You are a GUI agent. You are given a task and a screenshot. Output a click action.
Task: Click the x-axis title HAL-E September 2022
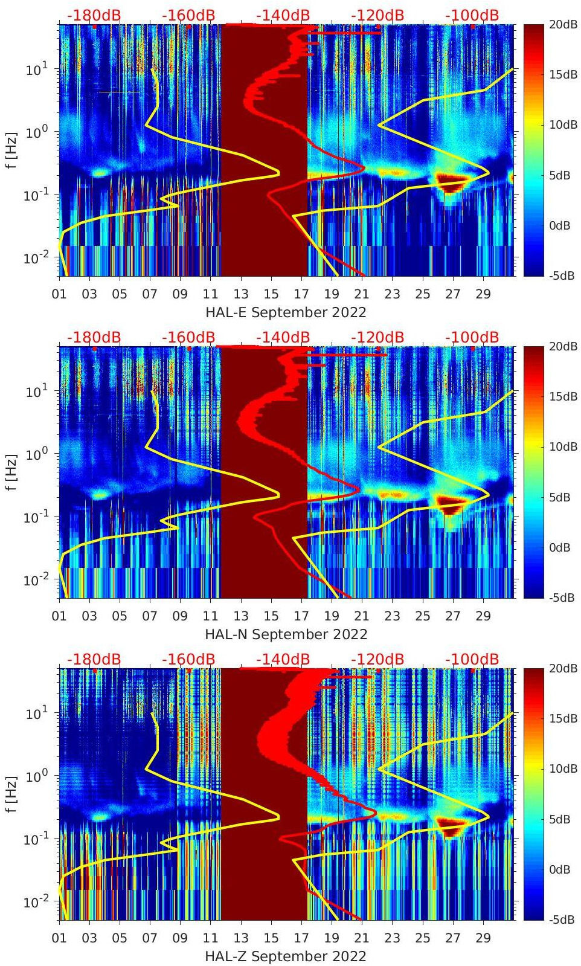[x=286, y=312]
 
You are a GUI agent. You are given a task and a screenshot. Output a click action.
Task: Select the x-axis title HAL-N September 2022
[x=286, y=634]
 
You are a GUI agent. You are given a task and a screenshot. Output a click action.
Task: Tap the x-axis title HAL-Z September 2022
[x=286, y=956]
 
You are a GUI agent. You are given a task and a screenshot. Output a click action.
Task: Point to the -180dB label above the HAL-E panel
[x=94, y=15]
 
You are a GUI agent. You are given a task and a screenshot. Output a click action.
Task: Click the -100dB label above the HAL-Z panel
[x=472, y=659]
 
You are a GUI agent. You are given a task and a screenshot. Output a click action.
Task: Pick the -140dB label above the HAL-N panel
[x=283, y=337]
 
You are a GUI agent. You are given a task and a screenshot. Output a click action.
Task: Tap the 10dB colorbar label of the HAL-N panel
[x=562, y=447]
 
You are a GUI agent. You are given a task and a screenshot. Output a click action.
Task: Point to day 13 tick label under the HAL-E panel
[x=241, y=294]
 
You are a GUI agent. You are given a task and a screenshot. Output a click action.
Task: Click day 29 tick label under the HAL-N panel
[x=483, y=616]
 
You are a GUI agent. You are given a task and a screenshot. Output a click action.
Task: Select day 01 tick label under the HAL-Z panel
[x=59, y=938]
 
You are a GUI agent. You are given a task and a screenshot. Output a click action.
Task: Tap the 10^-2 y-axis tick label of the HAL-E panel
[x=34, y=259]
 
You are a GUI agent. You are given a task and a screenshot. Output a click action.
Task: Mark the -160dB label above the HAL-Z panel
[x=188, y=659]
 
